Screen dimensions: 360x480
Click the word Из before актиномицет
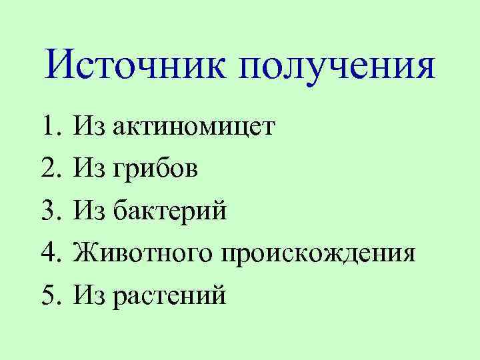(90, 125)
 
